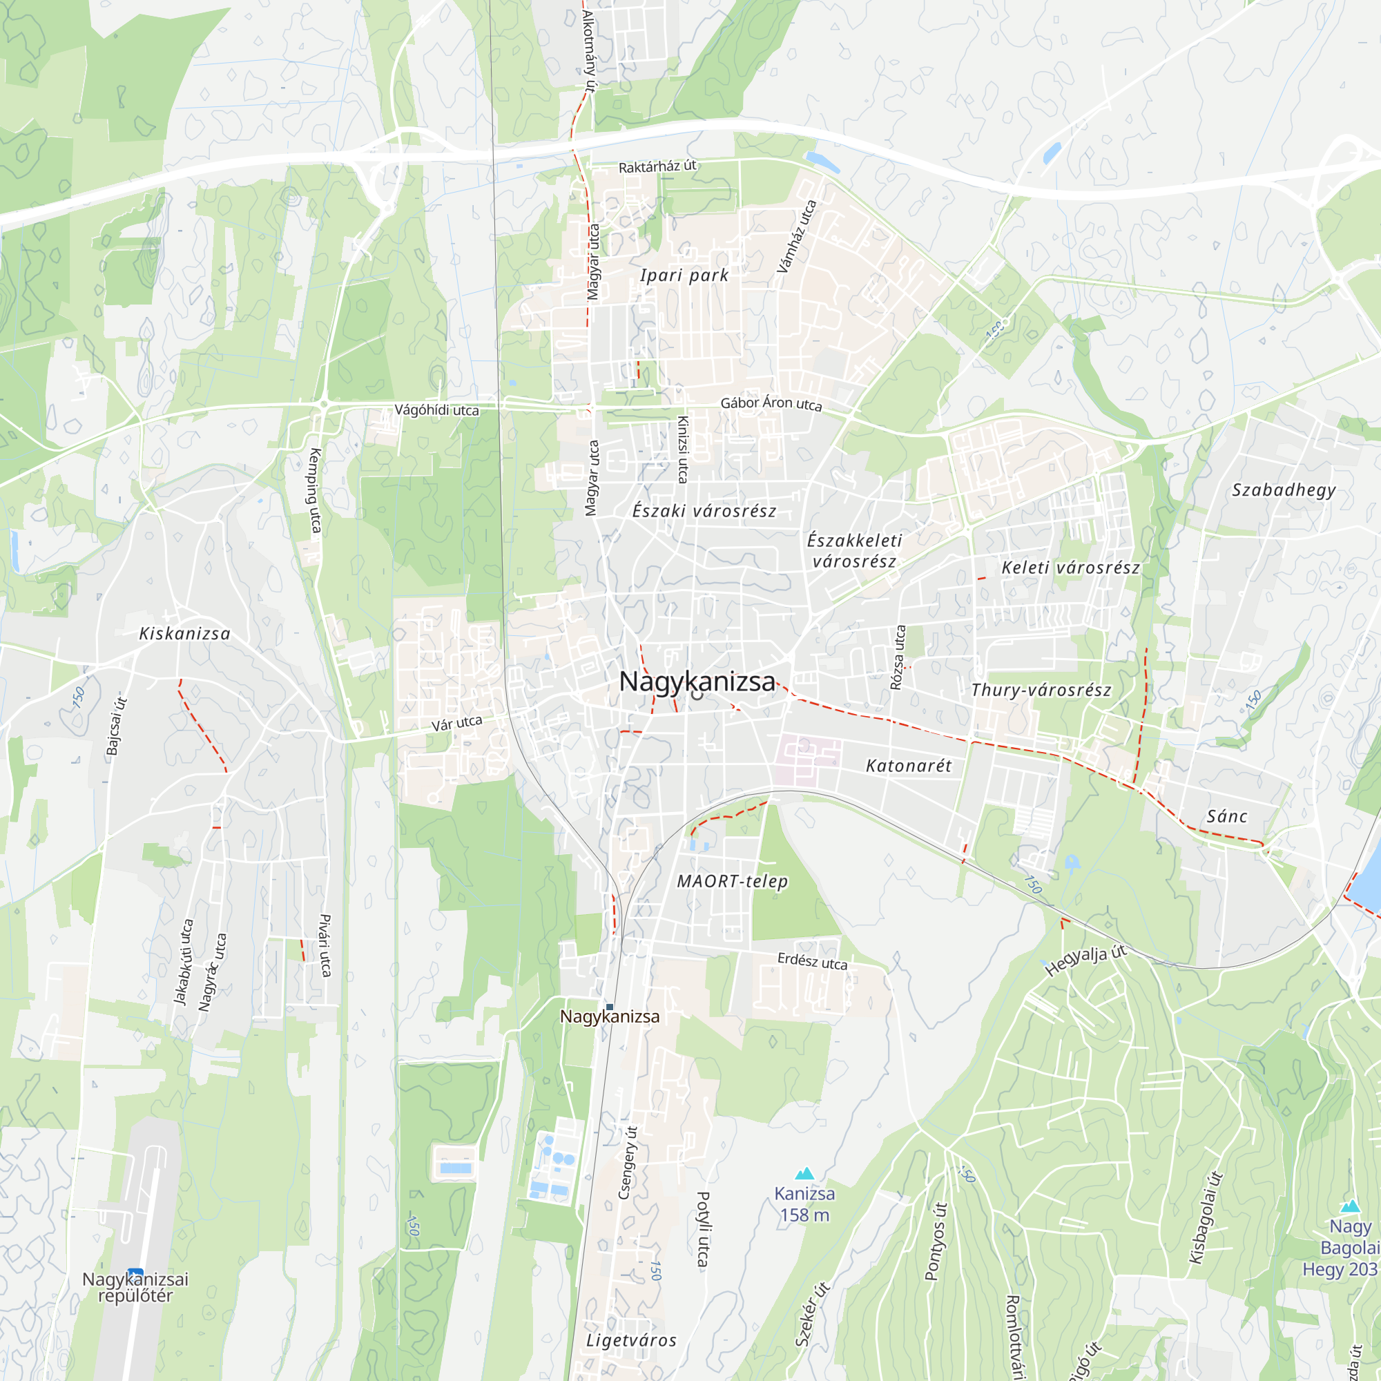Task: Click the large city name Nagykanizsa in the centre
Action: point(697,682)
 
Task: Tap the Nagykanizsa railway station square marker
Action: point(610,1007)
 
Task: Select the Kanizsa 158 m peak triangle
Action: point(805,1174)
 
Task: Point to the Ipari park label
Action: point(684,276)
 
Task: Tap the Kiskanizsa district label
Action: point(184,634)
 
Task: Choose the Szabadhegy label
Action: point(1284,490)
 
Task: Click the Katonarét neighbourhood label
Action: point(909,766)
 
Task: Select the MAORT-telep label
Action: point(733,881)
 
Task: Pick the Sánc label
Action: point(1226,816)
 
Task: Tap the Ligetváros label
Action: point(631,1340)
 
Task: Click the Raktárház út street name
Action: point(657,166)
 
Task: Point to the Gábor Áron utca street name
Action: point(771,403)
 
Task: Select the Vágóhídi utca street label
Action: point(437,410)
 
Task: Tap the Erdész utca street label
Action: point(813,961)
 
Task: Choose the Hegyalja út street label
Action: point(1085,960)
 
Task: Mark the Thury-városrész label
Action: point(1041,690)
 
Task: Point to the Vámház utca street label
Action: point(796,237)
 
